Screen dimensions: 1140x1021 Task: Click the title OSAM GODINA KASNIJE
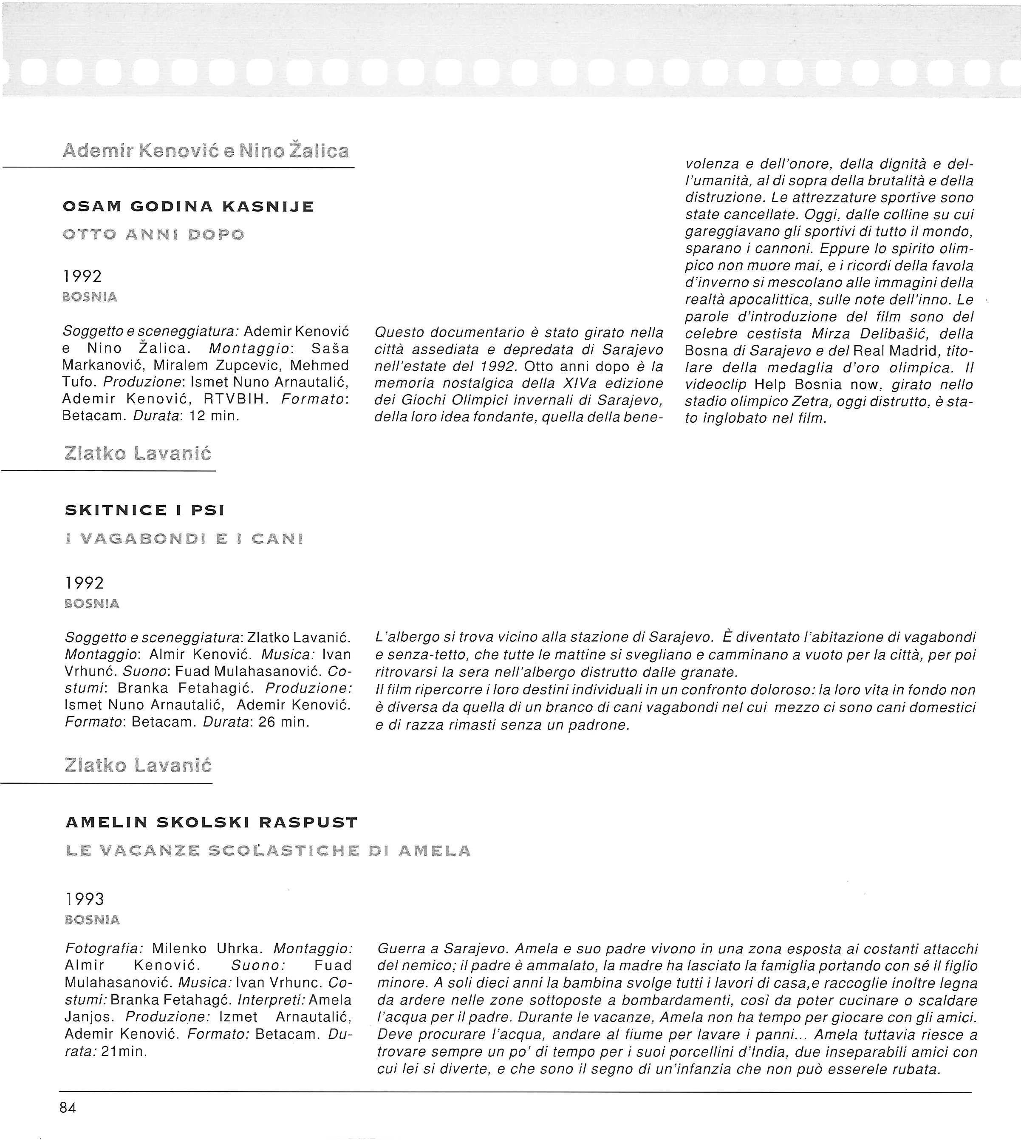[x=189, y=207]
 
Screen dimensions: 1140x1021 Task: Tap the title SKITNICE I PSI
[x=145, y=510]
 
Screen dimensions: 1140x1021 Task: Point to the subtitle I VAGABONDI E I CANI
[x=184, y=539]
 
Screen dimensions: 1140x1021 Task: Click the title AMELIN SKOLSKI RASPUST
[x=212, y=823]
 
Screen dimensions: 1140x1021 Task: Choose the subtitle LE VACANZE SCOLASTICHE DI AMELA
[x=268, y=851]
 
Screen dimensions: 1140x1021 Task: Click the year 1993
[x=85, y=899]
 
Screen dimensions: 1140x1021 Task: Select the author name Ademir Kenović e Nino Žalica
[x=206, y=151]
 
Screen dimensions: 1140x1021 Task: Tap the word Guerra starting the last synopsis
[x=403, y=948]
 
